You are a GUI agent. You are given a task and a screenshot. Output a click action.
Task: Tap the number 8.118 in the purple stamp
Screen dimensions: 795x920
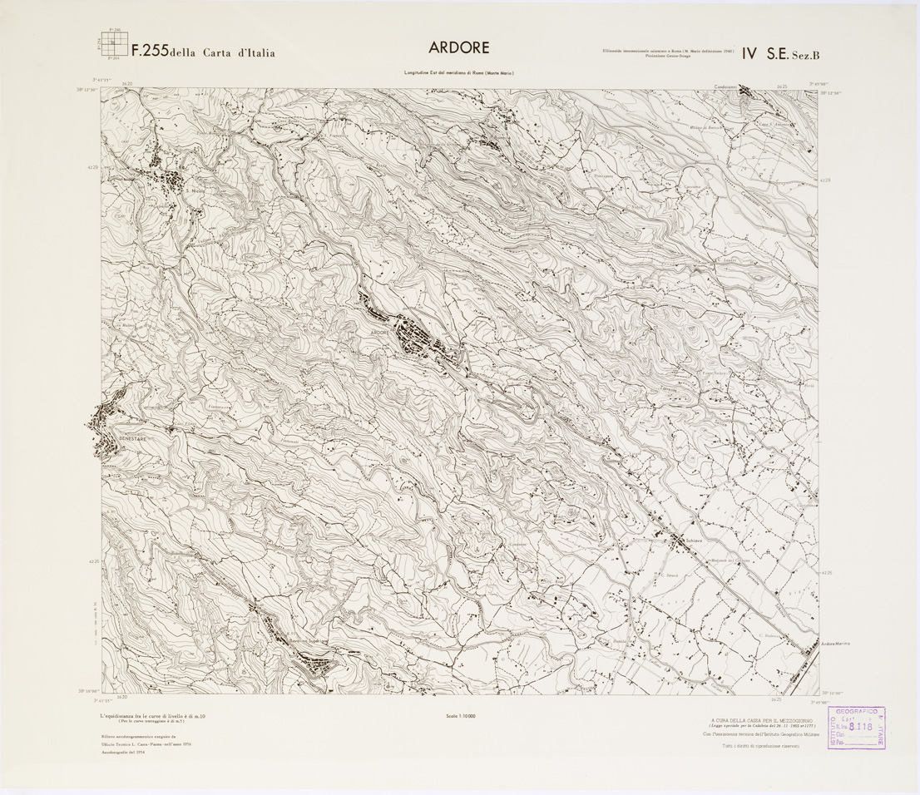pyautogui.click(x=863, y=725)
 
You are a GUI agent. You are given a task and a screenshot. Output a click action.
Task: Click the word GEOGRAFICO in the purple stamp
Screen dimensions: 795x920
pyautogui.click(x=856, y=713)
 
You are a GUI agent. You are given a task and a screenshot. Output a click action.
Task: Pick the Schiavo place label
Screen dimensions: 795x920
pyautogui.click(x=695, y=541)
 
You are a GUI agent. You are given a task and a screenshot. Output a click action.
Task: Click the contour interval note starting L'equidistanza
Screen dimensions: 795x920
pyautogui.click(x=153, y=716)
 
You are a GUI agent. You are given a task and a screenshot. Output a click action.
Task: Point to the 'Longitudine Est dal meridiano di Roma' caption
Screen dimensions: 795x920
pyautogui.click(x=459, y=75)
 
